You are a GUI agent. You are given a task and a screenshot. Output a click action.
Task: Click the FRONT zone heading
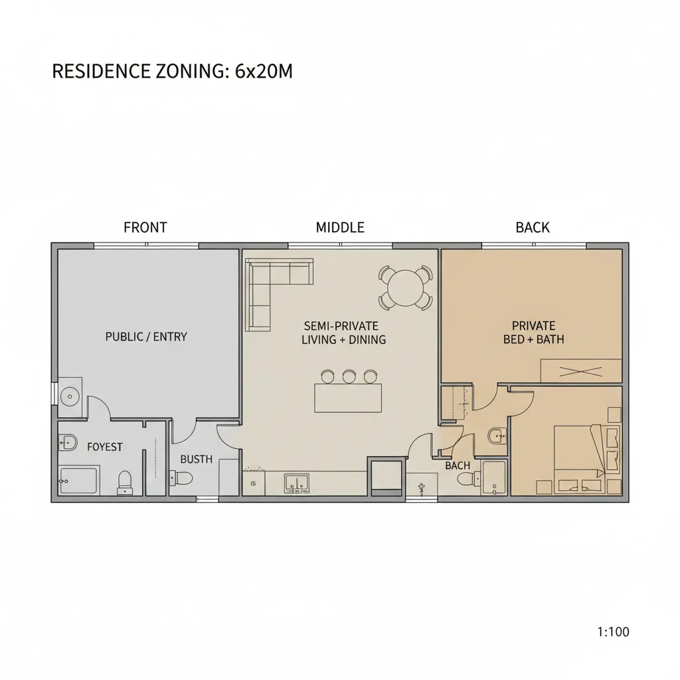[x=145, y=228]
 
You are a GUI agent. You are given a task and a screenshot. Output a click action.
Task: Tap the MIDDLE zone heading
[x=340, y=228]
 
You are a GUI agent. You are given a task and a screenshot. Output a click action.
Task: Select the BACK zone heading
[x=533, y=228]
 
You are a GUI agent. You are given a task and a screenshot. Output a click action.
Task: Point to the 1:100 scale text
[x=613, y=632]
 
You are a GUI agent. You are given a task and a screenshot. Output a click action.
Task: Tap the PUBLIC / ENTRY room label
[x=146, y=337]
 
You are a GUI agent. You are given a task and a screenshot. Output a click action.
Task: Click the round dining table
[x=405, y=288]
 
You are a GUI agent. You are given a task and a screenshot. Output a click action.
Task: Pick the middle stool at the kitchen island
[x=349, y=377]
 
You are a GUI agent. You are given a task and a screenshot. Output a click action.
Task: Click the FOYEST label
[x=105, y=447]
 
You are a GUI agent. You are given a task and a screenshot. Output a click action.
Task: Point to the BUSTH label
[x=197, y=459]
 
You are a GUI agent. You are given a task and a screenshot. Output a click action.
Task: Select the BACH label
[x=458, y=466]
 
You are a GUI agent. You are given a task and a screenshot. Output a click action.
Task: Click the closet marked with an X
[x=580, y=371]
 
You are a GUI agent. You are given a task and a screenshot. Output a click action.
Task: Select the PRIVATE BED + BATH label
[x=533, y=333]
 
